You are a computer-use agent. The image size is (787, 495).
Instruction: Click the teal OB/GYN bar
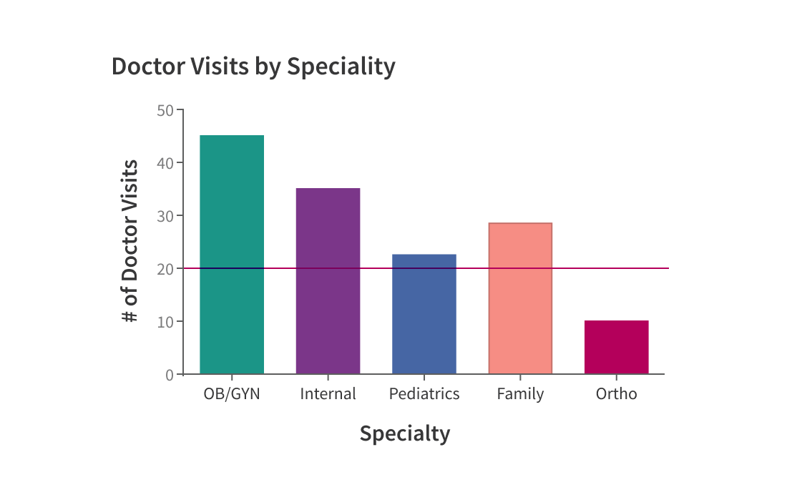tap(232, 254)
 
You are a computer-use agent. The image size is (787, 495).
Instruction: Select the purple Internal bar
tap(328, 280)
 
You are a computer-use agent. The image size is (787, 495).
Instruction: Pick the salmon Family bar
tap(520, 298)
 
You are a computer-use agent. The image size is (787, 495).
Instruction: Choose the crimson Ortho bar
tap(617, 347)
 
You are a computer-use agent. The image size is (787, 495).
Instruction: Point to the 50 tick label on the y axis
tap(165, 110)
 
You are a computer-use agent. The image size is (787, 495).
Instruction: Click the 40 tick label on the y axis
tap(165, 163)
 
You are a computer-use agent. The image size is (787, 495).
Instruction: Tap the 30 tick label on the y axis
tap(165, 216)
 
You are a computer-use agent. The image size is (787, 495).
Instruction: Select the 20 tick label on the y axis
tap(165, 269)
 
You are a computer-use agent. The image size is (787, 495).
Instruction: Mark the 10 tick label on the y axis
tap(165, 322)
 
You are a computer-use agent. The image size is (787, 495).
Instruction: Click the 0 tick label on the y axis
tap(170, 375)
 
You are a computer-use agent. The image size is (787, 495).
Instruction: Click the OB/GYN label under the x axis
tap(232, 394)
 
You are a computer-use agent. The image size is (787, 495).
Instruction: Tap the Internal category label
tap(328, 394)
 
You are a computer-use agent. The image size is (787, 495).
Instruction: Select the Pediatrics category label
tap(424, 394)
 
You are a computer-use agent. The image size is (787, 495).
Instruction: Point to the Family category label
tap(520, 394)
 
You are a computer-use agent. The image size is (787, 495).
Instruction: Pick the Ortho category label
tap(617, 394)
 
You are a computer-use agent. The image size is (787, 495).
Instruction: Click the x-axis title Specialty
tap(405, 434)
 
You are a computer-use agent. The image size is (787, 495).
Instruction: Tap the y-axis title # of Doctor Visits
tap(130, 241)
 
